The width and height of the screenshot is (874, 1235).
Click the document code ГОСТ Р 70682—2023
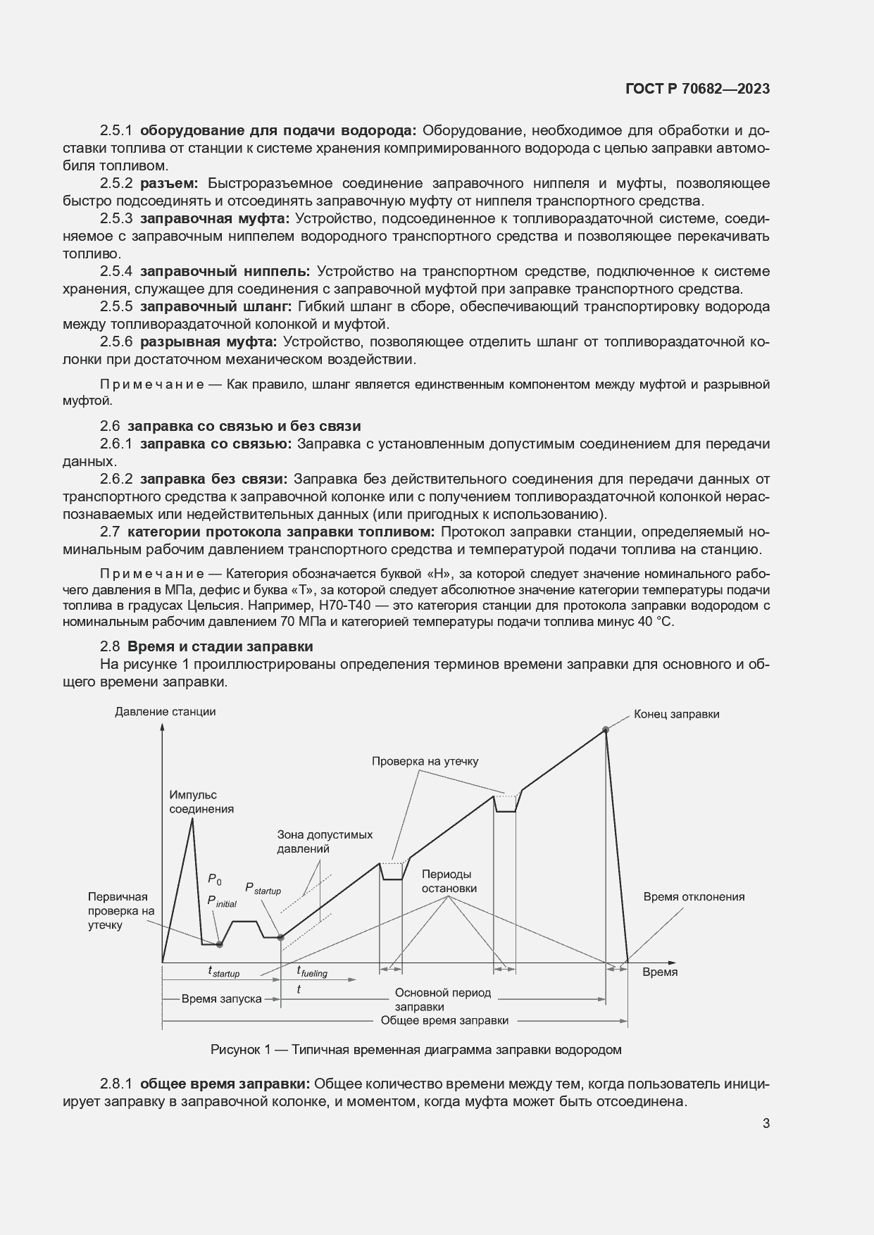tap(697, 89)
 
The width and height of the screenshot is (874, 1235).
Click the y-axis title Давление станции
tap(165, 711)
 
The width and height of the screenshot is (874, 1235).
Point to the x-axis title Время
tap(660, 972)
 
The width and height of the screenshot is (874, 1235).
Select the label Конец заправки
tap(676, 713)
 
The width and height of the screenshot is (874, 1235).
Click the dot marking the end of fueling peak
tap(605, 729)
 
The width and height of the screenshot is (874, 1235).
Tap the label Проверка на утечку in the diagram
tap(425, 761)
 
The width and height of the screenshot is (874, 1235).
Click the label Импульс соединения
tap(201, 802)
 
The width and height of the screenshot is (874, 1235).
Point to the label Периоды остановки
tap(449, 881)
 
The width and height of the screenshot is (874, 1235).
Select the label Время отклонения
tap(693, 896)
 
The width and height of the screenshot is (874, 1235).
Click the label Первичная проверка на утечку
tap(118, 910)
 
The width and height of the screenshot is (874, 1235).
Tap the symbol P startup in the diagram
tap(262, 889)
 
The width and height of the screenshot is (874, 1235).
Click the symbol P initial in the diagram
tap(221, 902)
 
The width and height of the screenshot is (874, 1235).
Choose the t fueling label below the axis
tap(311, 972)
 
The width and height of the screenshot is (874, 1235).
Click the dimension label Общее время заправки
tap(444, 1020)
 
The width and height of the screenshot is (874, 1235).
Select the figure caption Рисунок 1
tap(416, 1050)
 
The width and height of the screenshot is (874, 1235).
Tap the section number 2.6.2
tap(116, 479)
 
